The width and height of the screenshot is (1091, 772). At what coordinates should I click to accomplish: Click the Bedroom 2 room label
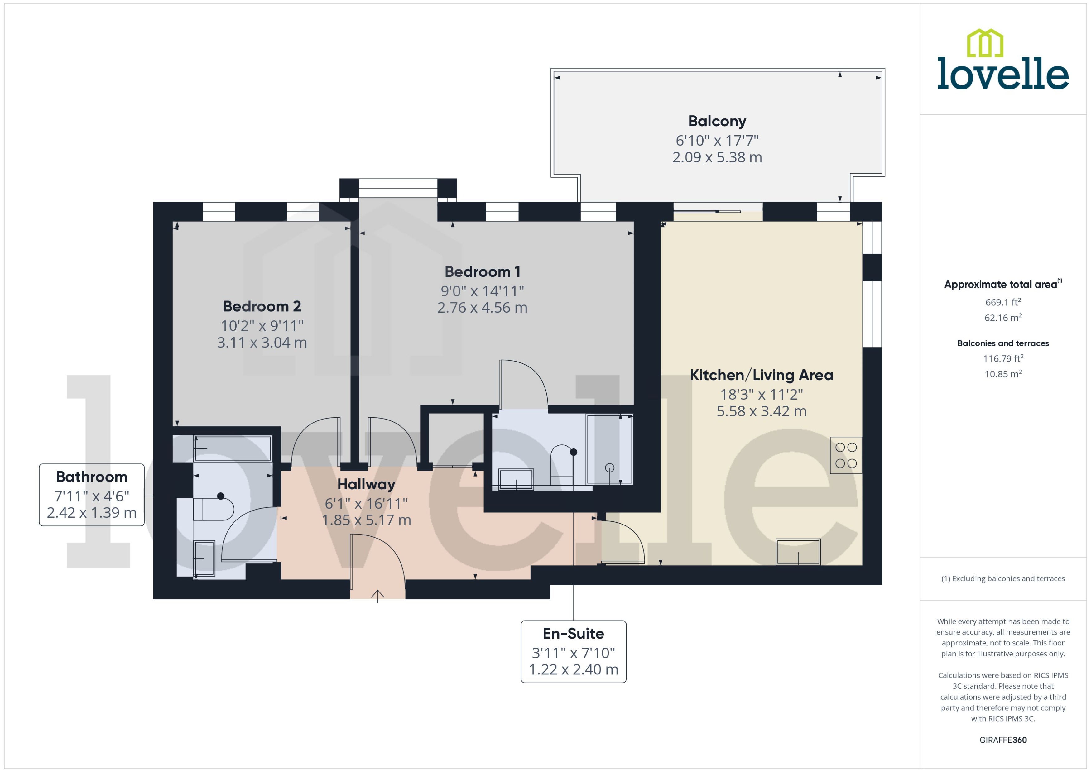click(262, 306)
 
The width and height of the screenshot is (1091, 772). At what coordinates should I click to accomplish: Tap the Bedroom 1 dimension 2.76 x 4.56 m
click(482, 308)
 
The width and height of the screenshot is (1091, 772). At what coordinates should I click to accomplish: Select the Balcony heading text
click(717, 121)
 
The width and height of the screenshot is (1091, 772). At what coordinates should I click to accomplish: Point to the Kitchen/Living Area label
click(761, 375)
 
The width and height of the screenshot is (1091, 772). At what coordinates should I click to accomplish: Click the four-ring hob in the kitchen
click(846, 455)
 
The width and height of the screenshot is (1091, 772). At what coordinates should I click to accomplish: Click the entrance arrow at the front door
click(377, 596)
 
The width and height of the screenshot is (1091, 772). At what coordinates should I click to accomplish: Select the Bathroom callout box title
click(92, 477)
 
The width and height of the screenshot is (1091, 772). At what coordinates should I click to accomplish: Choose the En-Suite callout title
click(573, 634)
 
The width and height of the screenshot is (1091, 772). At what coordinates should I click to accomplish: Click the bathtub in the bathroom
click(233, 448)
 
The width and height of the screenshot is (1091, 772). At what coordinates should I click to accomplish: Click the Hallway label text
click(366, 484)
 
